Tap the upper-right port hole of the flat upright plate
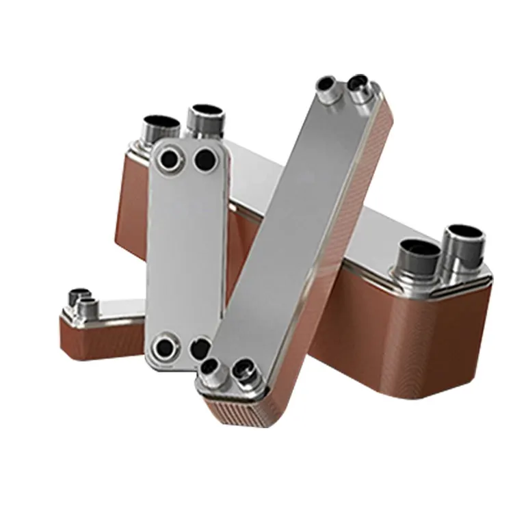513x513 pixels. (x=205, y=161)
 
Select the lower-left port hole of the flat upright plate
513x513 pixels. (x=164, y=347)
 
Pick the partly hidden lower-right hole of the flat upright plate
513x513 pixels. (x=199, y=347)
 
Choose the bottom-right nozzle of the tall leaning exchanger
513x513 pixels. (x=242, y=371)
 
